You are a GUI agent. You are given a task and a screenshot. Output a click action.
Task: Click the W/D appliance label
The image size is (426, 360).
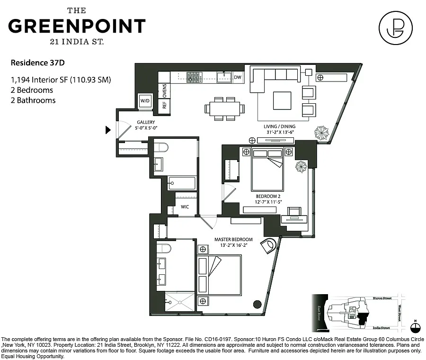(x=145, y=101)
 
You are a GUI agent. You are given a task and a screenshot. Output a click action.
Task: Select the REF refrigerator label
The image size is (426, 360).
(x=164, y=105)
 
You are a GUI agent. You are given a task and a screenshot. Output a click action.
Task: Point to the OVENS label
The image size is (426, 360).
(x=164, y=90)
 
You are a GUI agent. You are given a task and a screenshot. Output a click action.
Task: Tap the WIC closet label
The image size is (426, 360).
(x=185, y=207)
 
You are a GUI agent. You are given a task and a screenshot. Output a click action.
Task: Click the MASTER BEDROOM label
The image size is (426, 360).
(x=233, y=239)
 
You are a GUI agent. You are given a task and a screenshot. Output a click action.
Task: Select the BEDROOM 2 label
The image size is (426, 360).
(x=268, y=196)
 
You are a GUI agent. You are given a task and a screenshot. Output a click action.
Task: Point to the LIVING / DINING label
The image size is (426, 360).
(x=279, y=126)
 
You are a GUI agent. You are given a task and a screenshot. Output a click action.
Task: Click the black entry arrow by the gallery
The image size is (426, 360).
(x=108, y=129)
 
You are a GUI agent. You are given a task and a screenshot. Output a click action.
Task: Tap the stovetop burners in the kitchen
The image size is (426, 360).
(x=193, y=77)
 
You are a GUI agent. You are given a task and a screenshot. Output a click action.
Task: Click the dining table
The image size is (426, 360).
(x=225, y=108)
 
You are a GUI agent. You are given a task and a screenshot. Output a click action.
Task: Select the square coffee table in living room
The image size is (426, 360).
(x=282, y=99)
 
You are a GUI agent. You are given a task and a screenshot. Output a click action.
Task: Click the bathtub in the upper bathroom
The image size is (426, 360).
(x=182, y=183)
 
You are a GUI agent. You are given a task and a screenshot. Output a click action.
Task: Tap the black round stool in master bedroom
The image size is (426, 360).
(x=257, y=304)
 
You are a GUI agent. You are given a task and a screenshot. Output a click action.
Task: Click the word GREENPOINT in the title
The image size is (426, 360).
(x=77, y=26)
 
